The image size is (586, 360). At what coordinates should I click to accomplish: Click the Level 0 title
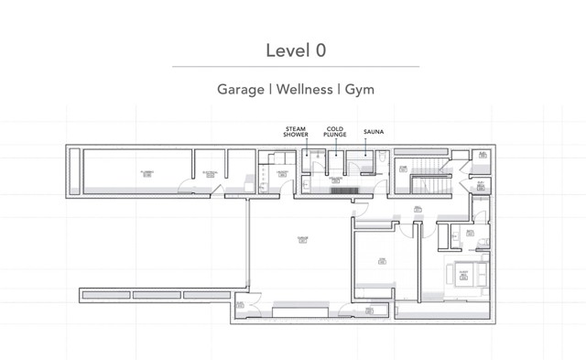click(x=295, y=49)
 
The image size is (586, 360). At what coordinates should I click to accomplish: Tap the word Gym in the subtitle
click(x=359, y=90)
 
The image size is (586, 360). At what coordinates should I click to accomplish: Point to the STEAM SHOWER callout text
click(x=296, y=134)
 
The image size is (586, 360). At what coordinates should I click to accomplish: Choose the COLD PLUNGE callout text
click(x=335, y=134)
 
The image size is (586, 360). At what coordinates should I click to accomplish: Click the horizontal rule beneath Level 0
click(x=295, y=66)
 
